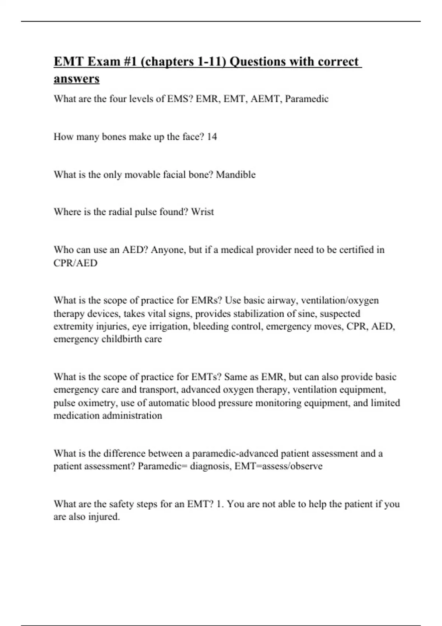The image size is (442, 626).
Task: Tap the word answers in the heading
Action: point(77,79)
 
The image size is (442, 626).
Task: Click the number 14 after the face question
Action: point(212,137)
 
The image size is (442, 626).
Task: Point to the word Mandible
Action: point(235,175)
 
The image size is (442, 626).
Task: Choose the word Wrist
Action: point(202,212)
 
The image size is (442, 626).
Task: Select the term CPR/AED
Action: point(76,263)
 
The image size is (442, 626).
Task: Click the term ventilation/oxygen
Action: point(340,300)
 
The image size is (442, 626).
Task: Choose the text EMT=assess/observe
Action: point(278,466)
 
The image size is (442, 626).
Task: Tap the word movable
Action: point(142,175)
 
